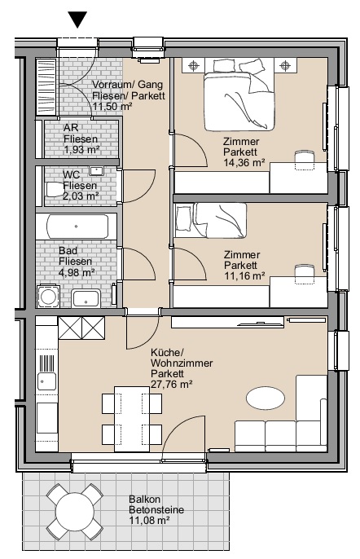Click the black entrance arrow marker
pos(77,20)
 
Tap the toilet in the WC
pos(55,189)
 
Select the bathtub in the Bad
pos(77,227)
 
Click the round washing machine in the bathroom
pos(47,296)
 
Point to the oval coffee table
pos(266,398)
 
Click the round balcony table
pos(75,511)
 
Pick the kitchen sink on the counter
pos(46,381)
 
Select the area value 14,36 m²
pos(244,163)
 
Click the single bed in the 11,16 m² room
pos(210,221)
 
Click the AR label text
pos(71,127)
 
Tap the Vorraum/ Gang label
pos(128,85)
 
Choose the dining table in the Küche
pos(131,419)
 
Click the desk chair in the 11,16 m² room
pos(305,274)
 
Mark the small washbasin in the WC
pos(96,171)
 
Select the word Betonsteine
pos(156,510)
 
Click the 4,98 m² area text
pos(77,272)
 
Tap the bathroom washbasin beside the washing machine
pos(86,299)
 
